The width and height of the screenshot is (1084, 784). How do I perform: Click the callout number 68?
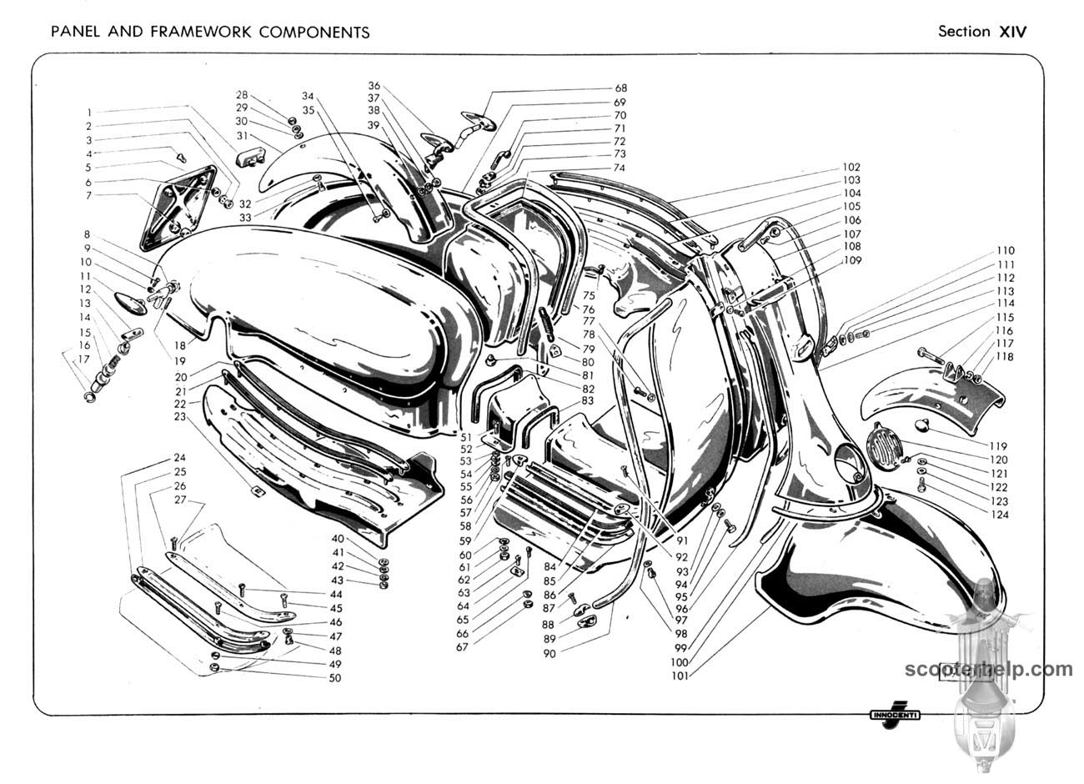(620, 88)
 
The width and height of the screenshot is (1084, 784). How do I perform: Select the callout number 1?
(88, 113)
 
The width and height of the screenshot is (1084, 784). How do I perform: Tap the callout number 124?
(999, 515)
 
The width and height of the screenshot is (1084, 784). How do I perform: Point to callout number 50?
(334, 678)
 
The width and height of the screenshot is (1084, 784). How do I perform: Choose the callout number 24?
(179, 458)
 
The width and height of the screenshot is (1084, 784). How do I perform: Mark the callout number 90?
(550, 654)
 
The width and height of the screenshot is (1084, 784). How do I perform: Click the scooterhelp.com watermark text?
(989, 670)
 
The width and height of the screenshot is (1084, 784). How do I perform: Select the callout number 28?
(242, 95)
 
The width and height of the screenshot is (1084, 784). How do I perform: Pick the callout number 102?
(851, 168)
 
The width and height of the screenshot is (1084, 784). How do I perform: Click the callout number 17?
(83, 359)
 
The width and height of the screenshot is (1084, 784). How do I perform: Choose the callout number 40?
(338, 539)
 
